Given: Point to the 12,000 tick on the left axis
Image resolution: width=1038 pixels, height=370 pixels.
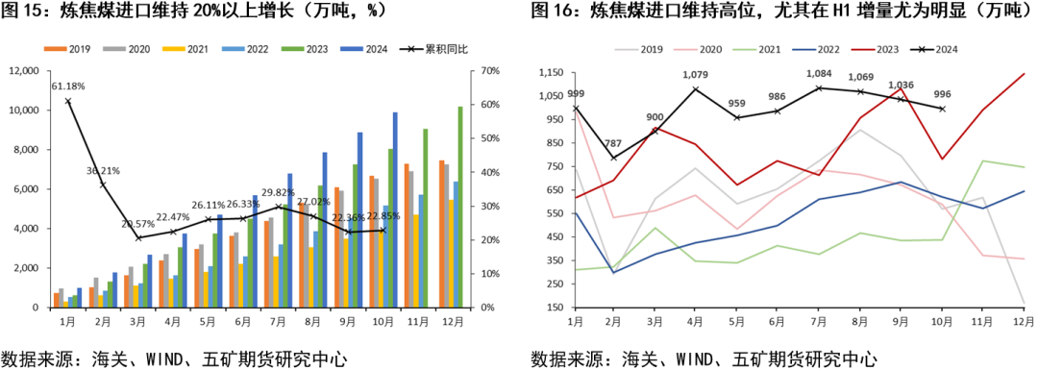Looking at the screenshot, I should (24, 71).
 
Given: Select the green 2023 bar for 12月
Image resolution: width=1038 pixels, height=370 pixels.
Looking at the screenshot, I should (459, 207).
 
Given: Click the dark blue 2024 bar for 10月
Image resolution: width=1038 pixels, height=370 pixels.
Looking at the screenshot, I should (394, 210).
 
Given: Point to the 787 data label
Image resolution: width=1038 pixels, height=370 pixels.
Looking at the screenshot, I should (612, 144).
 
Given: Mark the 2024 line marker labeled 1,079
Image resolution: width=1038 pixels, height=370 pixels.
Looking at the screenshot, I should (695, 89).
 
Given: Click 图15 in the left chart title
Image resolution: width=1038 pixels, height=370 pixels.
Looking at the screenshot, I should (24, 12).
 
